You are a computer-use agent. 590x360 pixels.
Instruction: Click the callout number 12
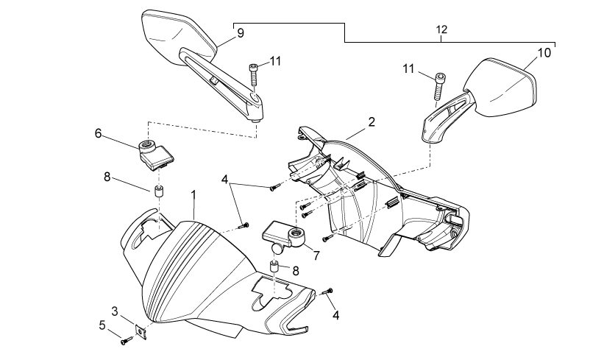(441, 29)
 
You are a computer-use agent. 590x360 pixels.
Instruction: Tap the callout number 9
(241, 33)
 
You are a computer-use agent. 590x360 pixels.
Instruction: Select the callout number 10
(544, 53)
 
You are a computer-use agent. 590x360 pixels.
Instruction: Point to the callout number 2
(372, 121)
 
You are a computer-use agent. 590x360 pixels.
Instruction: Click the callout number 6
(98, 133)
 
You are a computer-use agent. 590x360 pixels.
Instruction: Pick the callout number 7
(316, 255)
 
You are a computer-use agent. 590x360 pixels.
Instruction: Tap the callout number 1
(193, 194)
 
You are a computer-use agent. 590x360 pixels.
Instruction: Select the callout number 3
(115, 311)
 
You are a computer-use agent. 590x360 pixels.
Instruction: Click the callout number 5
(102, 325)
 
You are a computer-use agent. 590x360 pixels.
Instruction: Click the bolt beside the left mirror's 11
(253, 75)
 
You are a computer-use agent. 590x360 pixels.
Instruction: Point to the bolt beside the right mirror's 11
(439, 87)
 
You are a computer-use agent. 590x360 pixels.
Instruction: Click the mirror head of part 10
(499, 88)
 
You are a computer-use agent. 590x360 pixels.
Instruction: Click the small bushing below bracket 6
(160, 191)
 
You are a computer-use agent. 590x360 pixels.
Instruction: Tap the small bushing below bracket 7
(275, 267)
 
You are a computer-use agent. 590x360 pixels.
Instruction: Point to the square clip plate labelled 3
(141, 331)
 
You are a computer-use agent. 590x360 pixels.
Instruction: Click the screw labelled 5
(127, 340)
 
